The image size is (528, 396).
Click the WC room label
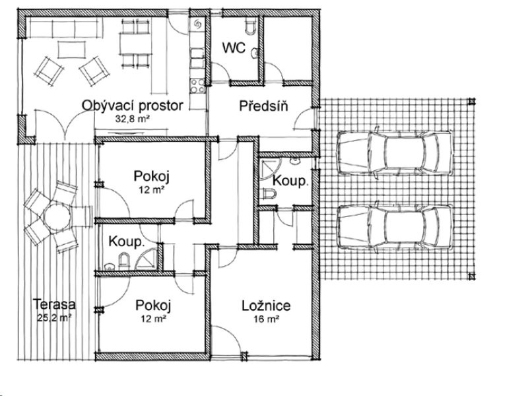(234, 48)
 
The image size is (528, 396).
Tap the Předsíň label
(263, 106)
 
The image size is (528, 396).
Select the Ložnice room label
(266, 306)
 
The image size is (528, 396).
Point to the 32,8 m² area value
(133, 119)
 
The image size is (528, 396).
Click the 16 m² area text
(266, 319)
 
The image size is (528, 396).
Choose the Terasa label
(54, 304)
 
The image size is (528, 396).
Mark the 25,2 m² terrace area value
(54, 317)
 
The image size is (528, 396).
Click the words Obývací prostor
(133, 106)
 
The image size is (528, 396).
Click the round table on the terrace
(57, 216)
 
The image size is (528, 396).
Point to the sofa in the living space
(64, 28)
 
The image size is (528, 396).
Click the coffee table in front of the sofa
(71, 49)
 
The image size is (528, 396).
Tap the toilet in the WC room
(251, 27)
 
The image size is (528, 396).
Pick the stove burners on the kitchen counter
(197, 86)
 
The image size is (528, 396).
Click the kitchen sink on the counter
(197, 58)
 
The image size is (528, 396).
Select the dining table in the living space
(134, 44)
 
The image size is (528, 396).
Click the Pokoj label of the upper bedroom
(152, 176)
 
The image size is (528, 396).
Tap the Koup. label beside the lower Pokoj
(127, 242)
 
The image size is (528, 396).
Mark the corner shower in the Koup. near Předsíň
(270, 169)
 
